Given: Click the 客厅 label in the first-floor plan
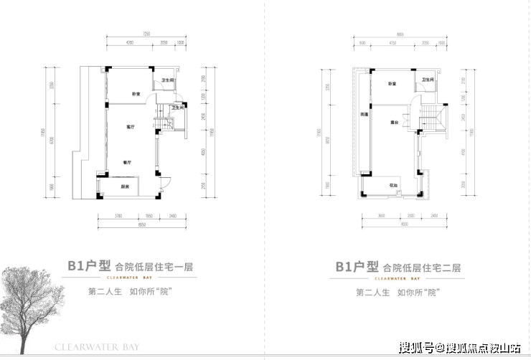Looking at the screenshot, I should click(x=131, y=126).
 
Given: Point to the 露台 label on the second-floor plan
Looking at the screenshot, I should click(x=395, y=122).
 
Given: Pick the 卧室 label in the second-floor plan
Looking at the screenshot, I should click(x=393, y=85).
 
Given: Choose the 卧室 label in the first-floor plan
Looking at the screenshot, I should click(x=135, y=94).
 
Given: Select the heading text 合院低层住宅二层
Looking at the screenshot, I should click(x=421, y=265).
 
